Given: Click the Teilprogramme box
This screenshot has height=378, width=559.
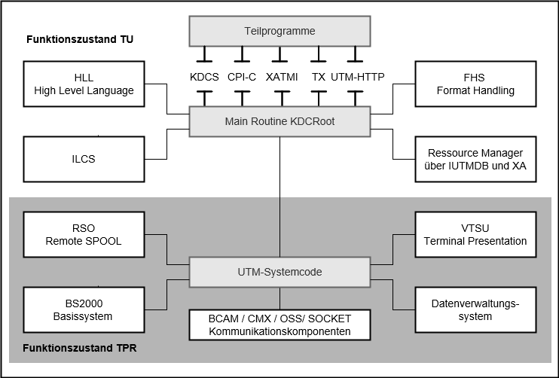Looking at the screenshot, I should (279, 32).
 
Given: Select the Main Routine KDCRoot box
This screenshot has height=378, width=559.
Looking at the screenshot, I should (279, 121).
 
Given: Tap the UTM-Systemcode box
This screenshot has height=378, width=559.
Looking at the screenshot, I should (279, 272).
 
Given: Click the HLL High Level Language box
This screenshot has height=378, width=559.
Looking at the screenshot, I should (84, 84).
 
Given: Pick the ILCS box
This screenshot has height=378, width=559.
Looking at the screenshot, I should (84, 159).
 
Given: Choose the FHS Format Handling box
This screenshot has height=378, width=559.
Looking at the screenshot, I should (475, 84).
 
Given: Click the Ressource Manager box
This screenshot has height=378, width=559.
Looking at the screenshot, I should (475, 159).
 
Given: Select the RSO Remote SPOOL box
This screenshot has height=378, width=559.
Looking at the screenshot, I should (84, 235).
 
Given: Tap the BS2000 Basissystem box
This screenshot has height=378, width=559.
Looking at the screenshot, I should (84, 309).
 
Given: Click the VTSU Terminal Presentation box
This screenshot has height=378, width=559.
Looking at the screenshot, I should (475, 235).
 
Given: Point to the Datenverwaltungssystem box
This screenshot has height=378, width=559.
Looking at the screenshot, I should (475, 309).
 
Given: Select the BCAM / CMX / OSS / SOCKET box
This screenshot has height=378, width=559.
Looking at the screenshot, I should (279, 325).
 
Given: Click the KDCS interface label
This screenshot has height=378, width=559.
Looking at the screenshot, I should (203, 76).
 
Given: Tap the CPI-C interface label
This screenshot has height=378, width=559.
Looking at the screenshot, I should (242, 76).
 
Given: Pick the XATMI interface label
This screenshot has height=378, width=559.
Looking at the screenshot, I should (283, 76).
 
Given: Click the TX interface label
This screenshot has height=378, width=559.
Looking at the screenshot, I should (319, 76).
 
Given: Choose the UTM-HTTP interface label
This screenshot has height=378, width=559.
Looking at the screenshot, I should (357, 76).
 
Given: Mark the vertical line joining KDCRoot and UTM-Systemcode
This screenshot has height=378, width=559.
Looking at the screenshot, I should (279, 196).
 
